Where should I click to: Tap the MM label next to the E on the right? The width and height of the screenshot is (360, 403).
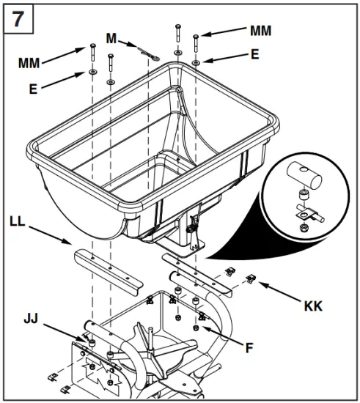[260, 31]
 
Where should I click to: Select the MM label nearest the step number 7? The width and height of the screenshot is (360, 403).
[29, 64]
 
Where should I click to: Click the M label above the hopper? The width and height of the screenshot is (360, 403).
[111, 37]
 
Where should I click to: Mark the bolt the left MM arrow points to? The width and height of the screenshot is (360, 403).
[92, 55]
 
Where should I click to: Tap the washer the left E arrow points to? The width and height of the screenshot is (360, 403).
[92, 73]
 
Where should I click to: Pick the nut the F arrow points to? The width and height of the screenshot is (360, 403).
[195, 327]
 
